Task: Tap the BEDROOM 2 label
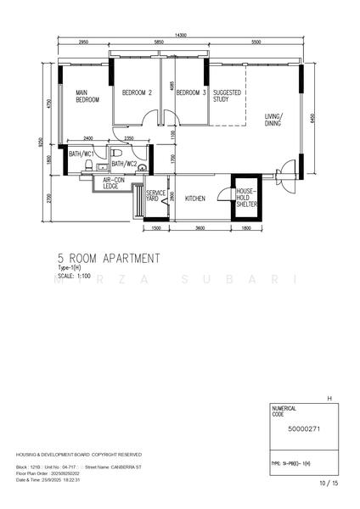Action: tap(137, 92)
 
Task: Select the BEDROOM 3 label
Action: tap(191, 92)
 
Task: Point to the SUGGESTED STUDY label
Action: tap(228, 96)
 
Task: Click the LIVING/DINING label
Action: tap(273, 120)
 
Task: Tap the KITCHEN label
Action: tap(195, 199)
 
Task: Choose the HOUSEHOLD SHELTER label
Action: tap(245, 198)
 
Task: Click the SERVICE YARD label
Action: tap(155, 196)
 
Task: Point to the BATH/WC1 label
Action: tap(82, 154)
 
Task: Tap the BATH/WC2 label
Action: tap(124, 163)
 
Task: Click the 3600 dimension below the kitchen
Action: tap(198, 228)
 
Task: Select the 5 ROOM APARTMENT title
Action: tap(108, 258)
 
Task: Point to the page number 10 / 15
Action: tap(328, 483)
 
